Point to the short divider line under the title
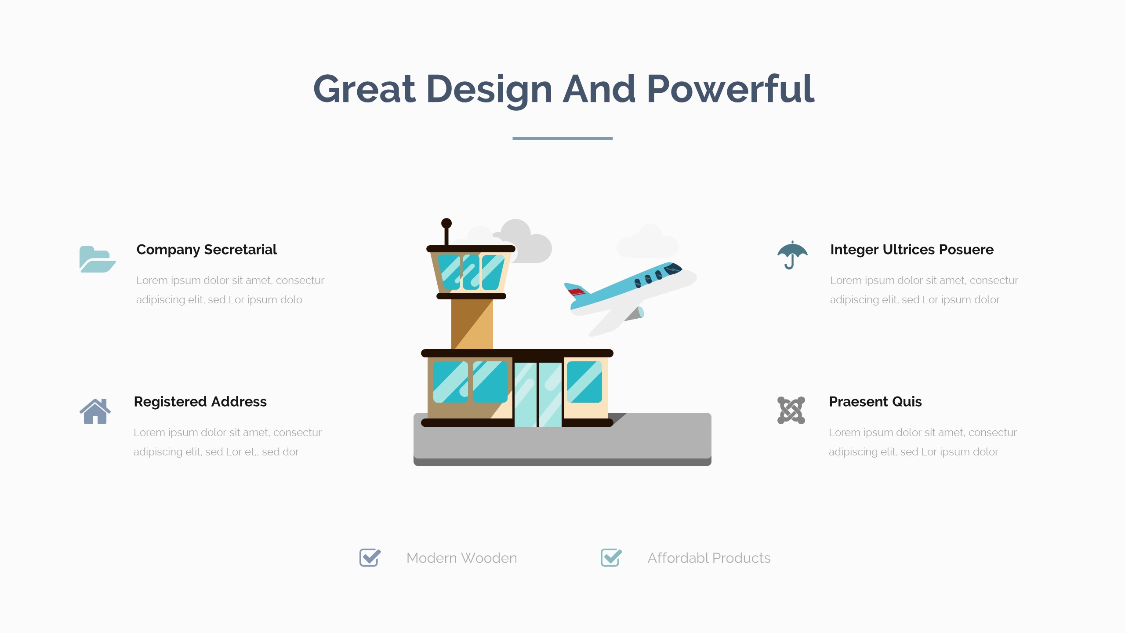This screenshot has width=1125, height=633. point(562,138)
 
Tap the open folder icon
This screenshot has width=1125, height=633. point(98,259)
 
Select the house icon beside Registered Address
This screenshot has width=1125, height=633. point(95,411)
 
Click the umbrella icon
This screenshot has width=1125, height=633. point(792,255)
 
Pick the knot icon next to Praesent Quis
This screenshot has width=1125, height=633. point(791,410)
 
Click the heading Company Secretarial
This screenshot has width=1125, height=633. point(207,250)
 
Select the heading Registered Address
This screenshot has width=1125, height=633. point(200,402)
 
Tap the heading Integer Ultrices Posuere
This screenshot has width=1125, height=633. point(912,250)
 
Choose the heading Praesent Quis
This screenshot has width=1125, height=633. point(875,402)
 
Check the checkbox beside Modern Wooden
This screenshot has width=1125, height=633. point(370,558)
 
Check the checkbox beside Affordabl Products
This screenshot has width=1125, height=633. point(611,558)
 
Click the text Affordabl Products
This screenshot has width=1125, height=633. point(709,558)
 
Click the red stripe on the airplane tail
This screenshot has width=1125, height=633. point(577,291)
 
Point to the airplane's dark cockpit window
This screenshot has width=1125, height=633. point(673,268)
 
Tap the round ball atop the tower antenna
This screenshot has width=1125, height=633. point(446,223)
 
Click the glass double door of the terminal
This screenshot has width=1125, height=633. point(538,394)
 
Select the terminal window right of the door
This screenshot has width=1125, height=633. point(584,382)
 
